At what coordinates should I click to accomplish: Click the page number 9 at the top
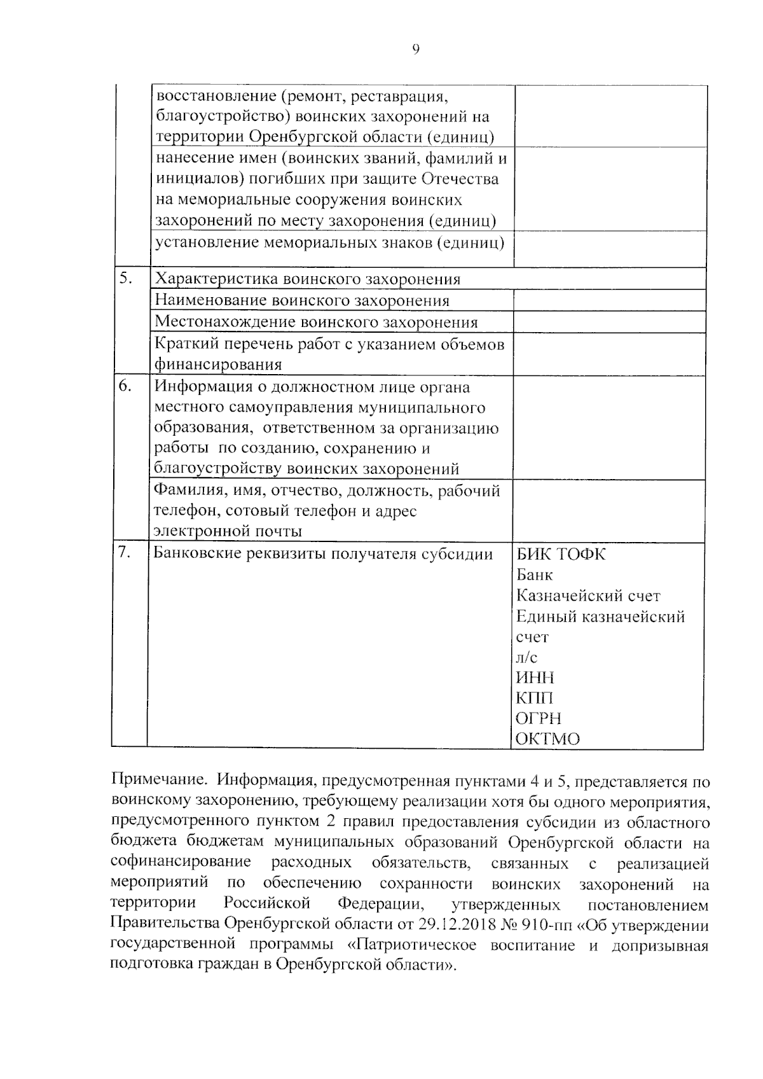click(x=416, y=50)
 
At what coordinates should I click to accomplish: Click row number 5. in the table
click(x=126, y=278)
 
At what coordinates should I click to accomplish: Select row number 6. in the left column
click(x=126, y=386)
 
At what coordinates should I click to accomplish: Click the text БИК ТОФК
click(x=561, y=554)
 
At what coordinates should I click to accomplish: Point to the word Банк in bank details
click(x=534, y=575)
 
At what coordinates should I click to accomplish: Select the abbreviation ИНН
click(x=535, y=678)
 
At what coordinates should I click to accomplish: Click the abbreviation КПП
click(x=535, y=698)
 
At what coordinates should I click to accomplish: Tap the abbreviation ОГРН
click(x=539, y=719)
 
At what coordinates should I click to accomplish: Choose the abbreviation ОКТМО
click(x=547, y=739)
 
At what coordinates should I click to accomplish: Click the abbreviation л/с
click(x=526, y=657)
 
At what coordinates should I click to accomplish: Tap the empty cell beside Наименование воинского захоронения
click(x=609, y=300)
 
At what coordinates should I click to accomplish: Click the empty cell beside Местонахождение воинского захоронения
click(x=609, y=322)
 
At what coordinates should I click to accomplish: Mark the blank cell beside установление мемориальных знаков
click(x=609, y=249)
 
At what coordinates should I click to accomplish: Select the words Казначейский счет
click(x=588, y=596)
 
